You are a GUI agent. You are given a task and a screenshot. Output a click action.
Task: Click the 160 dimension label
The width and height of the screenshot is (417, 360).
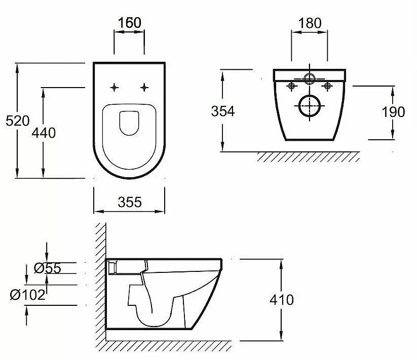129,23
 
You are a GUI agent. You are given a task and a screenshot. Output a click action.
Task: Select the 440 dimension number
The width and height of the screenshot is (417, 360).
44,133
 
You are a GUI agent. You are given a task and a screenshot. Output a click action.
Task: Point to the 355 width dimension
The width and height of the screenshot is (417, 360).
129,202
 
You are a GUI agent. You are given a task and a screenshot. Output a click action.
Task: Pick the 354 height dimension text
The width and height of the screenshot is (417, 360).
223,111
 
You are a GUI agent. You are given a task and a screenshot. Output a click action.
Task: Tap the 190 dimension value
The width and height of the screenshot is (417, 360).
394,111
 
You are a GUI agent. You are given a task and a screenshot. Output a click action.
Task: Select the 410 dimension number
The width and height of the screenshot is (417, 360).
282,300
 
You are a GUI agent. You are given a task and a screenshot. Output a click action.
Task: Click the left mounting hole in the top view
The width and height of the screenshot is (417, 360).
115,87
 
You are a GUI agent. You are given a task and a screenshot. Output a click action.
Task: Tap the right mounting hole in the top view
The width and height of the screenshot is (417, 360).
145,87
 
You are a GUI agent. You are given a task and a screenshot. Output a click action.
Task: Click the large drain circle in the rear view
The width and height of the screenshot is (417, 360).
310,106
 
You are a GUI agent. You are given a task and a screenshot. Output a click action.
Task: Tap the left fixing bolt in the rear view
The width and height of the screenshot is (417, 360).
291,86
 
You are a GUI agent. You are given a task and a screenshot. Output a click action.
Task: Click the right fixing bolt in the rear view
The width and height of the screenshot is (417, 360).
328,86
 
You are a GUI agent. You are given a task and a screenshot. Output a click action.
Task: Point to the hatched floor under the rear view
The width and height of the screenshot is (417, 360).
309,156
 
